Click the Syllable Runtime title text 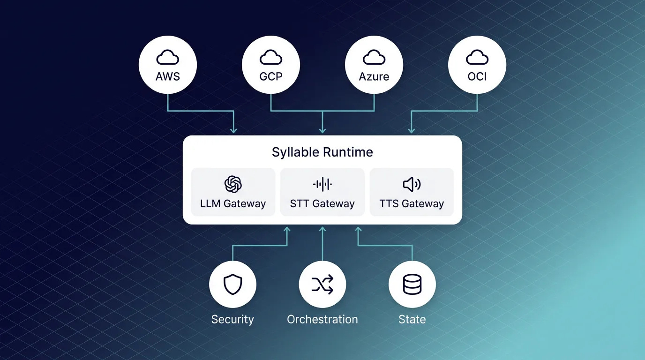click(x=322, y=152)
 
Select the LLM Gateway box click(x=233, y=192)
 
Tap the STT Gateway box click(x=322, y=192)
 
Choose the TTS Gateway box click(x=412, y=192)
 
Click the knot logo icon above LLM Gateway click(x=233, y=184)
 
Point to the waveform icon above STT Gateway click(x=322, y=184)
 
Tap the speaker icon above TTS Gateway click(x=412, y=184)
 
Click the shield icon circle click(x=233, y=285)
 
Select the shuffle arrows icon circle click(x=322, y=285)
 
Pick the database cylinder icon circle click(x=412, y=285)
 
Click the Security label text click(x=232, y=320)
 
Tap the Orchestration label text click(x=322, y=320)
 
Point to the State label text click(x=412, y=320)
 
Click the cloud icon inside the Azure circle click(x=374, y=57)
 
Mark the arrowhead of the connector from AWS click(x=233, y=130)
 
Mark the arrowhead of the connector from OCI click(x=412, y=130)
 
